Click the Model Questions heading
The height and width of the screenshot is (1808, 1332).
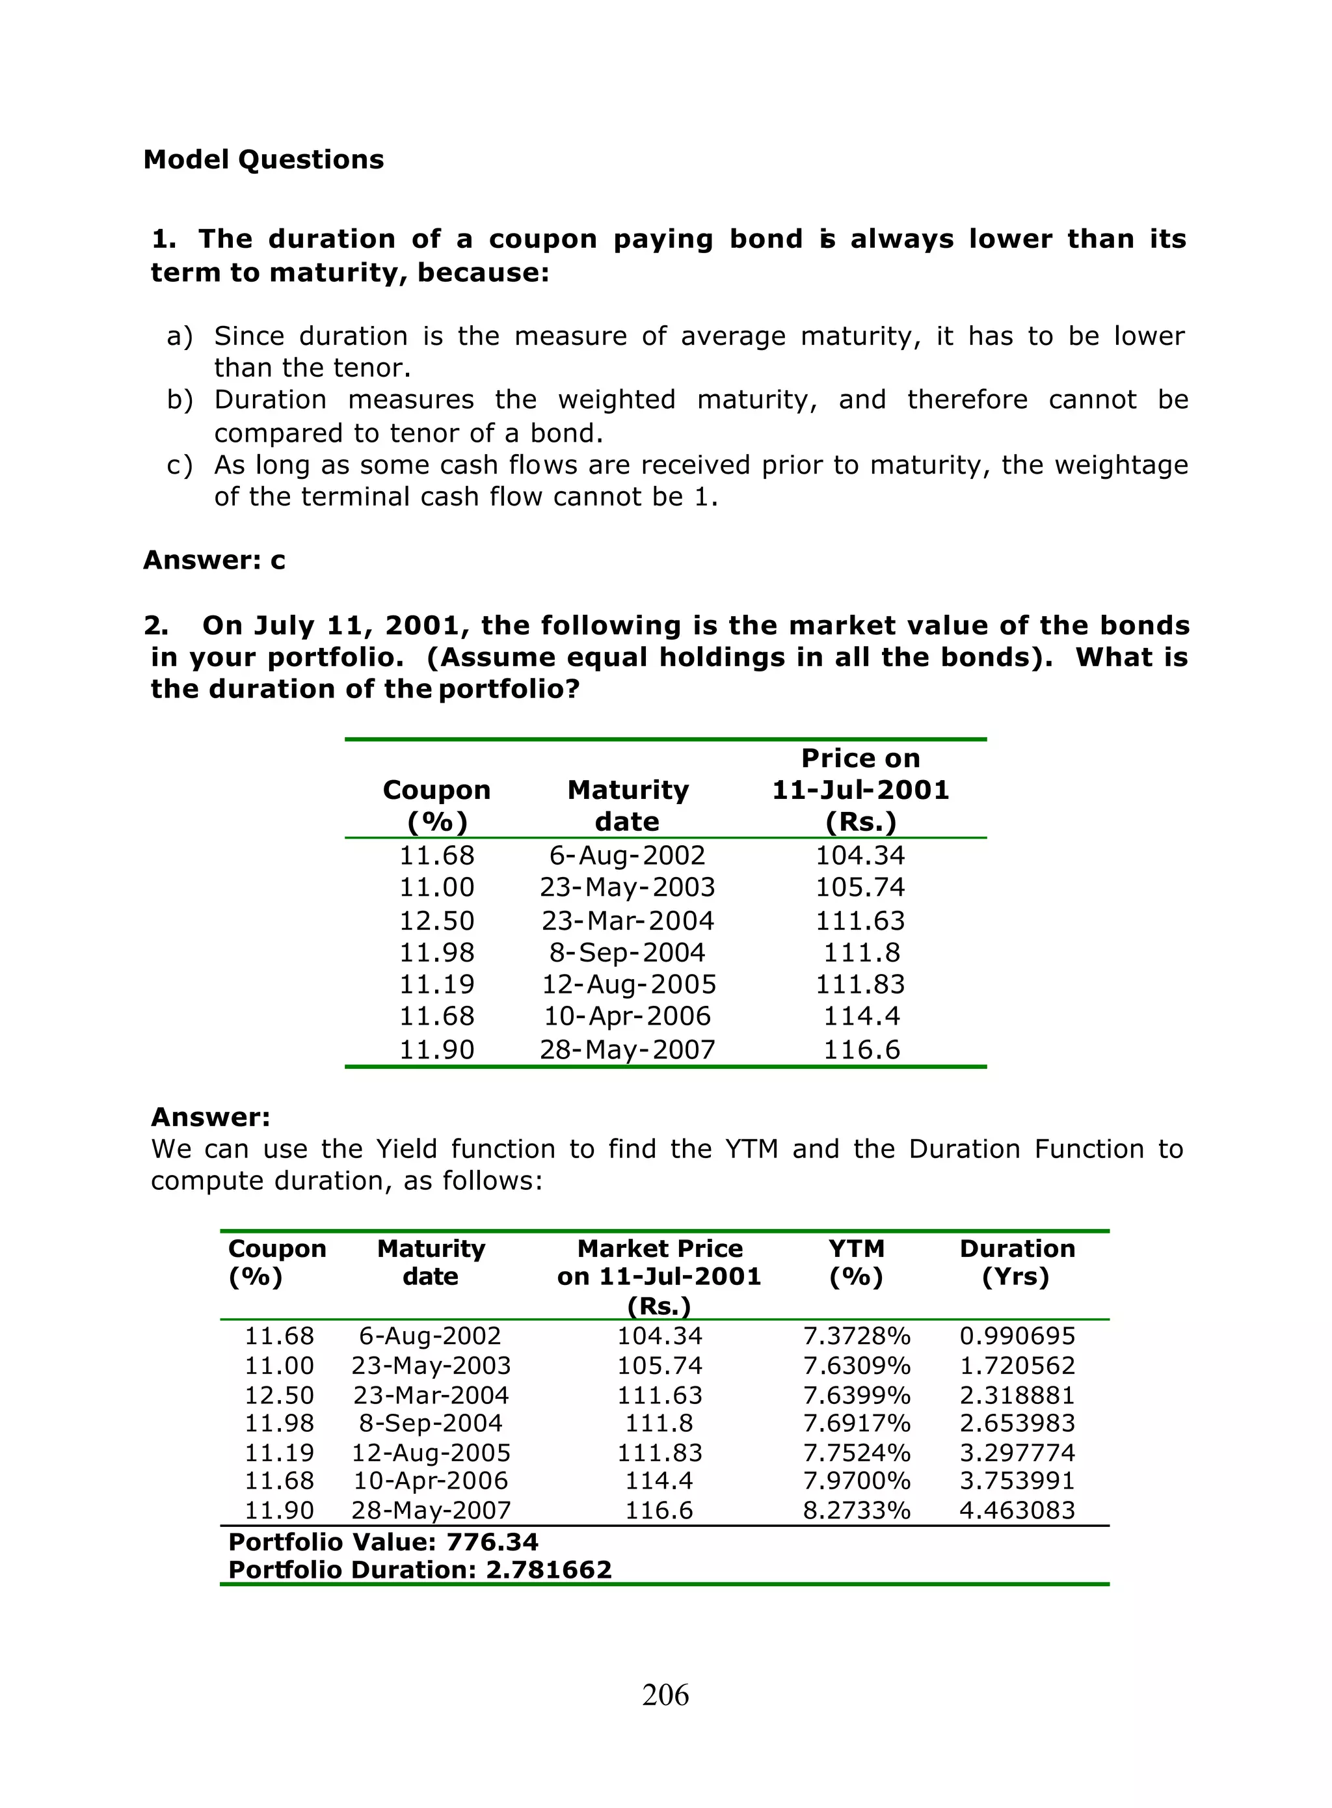(263, 159)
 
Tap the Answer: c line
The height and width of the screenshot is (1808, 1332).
(214, 560)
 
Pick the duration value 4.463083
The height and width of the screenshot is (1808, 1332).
(1017, 1511)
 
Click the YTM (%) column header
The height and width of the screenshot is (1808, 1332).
(857, 1263)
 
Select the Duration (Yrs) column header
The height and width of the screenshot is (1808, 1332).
(1017, 1263)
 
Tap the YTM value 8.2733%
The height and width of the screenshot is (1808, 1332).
(857, 1511)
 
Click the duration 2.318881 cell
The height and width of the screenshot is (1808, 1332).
(1017, 1395)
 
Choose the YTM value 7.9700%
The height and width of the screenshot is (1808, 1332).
(857, 1481)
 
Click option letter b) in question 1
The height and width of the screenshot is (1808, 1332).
(180, 400)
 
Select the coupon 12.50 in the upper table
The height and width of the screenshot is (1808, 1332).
(437, 921)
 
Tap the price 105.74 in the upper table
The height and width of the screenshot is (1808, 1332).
(860, 887)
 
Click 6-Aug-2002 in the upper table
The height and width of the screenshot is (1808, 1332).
(627, 855)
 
